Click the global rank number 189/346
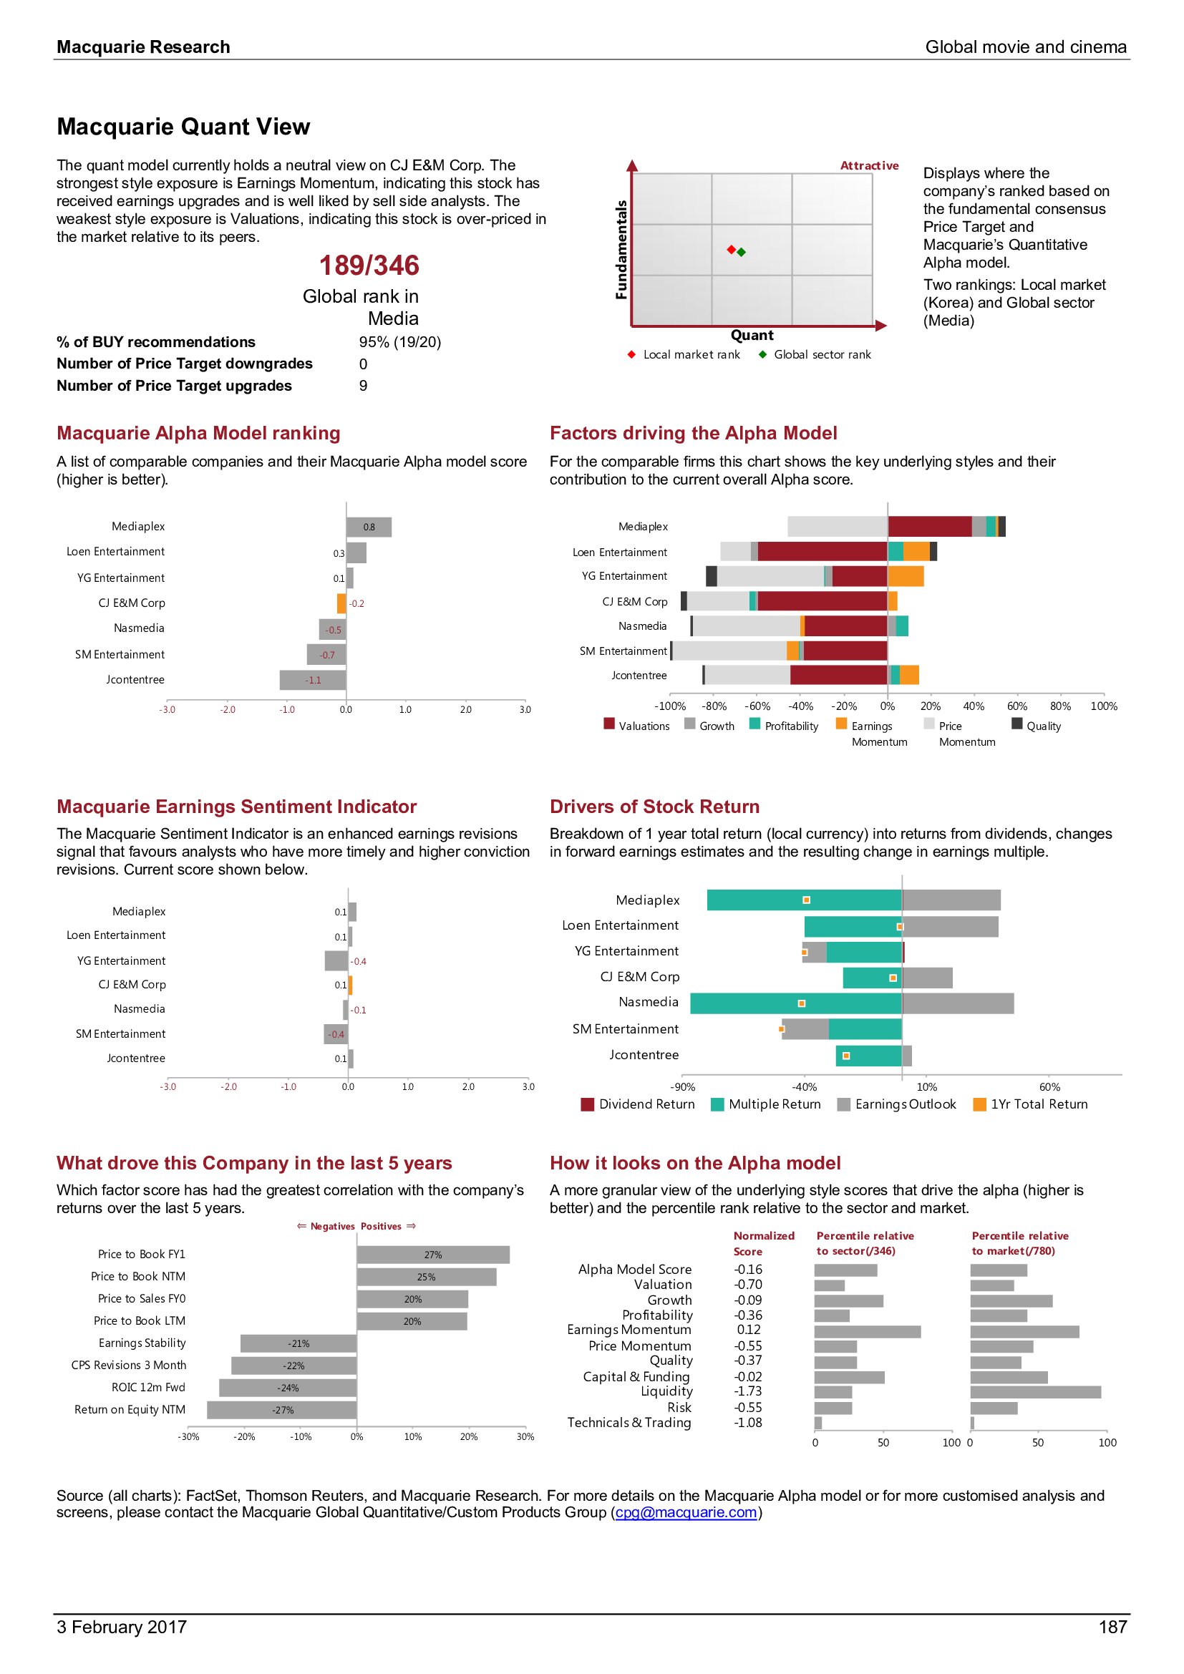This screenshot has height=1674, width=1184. click(369, 266)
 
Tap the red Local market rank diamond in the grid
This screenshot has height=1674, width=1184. click(732, 250)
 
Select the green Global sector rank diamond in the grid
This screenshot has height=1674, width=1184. click(742, 252)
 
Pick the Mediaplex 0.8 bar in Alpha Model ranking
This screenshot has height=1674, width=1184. click(369, 527)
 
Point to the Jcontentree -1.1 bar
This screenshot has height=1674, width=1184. click(313, 680)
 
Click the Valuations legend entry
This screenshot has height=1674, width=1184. click(636, 726)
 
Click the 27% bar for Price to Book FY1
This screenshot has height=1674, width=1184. click(433, 1255)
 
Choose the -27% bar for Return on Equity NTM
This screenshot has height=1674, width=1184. click(282, 1410)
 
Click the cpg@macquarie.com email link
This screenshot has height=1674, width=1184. click(686, 1512)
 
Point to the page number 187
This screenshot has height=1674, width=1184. click(1112, 1627)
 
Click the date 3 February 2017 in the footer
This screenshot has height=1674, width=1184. click(122, 1627)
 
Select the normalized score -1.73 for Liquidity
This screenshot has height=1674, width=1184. click(748, 1392)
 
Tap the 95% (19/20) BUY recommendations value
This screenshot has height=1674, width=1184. click(399, 343)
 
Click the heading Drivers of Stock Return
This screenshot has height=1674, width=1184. click(654, 807)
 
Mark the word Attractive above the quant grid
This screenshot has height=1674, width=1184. click(869, 166)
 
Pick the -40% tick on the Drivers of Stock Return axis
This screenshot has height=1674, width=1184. click(804, 1087)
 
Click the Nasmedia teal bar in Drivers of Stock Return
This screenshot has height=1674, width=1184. click(796, 1004)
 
